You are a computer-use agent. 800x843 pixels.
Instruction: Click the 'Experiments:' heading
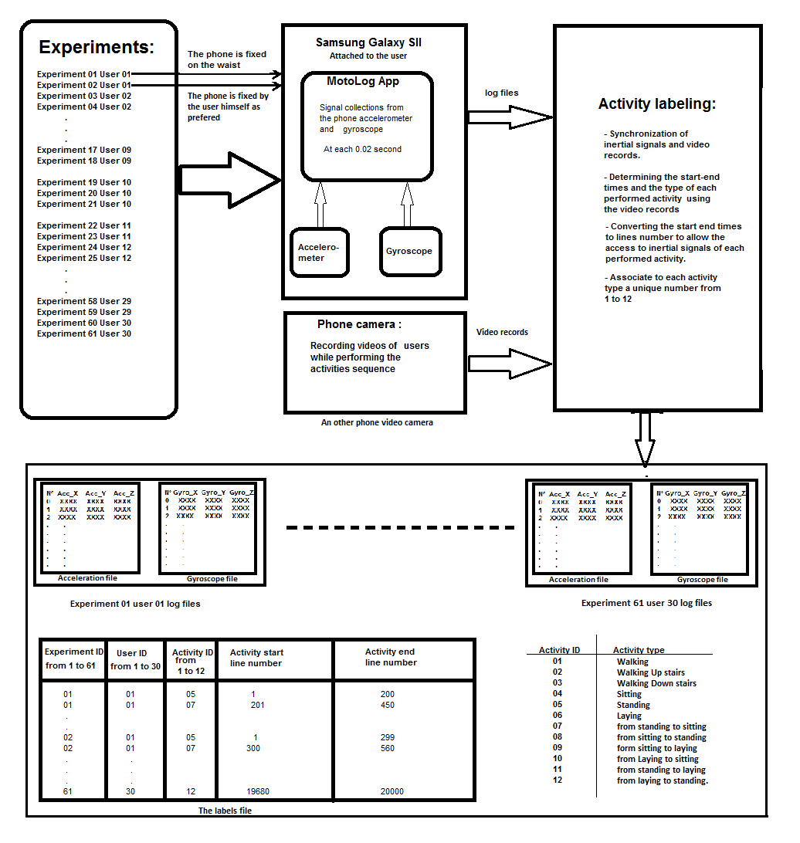(x=97, y=47)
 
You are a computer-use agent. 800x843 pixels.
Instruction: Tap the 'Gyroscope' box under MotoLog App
(x=409, y=251)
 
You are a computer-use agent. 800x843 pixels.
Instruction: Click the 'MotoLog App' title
(x=363, y=81)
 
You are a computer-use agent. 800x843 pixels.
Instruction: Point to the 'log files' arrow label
(x=501, y=93)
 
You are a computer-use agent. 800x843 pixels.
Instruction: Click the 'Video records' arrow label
(x=502, y=332)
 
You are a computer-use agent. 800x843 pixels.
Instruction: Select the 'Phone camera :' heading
(x=359, y=324)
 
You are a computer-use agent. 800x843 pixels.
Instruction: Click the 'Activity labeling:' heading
(x=657, y=103)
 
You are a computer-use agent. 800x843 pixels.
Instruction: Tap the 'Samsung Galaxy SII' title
(x=368, y=42)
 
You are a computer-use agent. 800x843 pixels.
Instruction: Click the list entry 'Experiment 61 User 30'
(x=84, y=333)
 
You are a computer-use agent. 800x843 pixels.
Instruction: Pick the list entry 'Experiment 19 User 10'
(x=84, y=182)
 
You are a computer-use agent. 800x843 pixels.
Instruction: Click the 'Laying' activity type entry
(x=629, y=716)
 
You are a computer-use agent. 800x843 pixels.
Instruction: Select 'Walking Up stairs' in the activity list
(x=650, y=672)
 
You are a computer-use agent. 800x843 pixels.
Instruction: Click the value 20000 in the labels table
(x=388, y=791)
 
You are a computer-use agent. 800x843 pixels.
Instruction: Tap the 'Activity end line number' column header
(x=391, y=657)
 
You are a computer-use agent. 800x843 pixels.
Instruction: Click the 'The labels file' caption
(x=225, y=811)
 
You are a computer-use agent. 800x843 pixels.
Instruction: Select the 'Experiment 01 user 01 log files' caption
(x=135, y=604)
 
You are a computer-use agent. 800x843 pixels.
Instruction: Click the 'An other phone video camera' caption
(x=377, y=422)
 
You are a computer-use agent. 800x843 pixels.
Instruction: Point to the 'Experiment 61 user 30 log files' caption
(x=646, y=603)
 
